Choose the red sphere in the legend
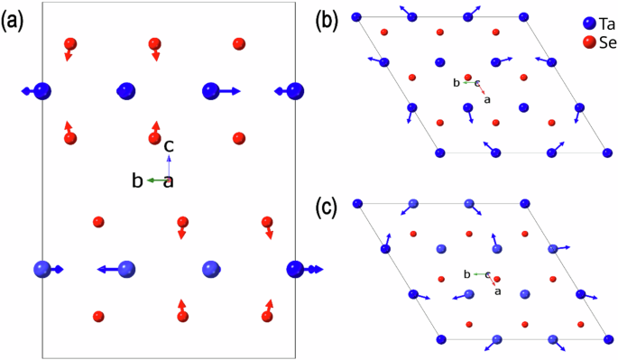click(x=588, y=42)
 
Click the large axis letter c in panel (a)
click(x=169, y=144)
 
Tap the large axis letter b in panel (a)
click(x=137, y=181)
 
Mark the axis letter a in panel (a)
click(x=168, y=181)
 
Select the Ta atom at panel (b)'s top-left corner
click(x=356, y=17)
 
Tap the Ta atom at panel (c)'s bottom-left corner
click(x=440, y=339)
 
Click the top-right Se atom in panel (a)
click(x=238, y=43)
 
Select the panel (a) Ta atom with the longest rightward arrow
click(x=211, y=90)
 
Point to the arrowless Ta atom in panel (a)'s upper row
click(x=126, y=90)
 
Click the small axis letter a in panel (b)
click(x=488, y=99)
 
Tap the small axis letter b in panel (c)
click(x=466, y=272)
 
